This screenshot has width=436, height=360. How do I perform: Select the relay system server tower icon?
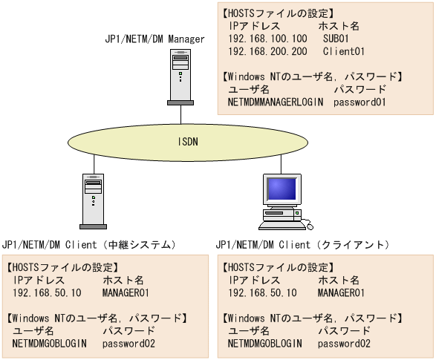[x=93, y=199]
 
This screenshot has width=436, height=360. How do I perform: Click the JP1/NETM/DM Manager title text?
[x=154, y=38]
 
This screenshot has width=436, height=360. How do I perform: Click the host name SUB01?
[x=336, y=37]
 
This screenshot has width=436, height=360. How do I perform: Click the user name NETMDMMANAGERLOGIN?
[x=276, y=102]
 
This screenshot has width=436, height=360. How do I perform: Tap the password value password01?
[x=360, y=102]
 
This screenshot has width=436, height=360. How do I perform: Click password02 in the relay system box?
[x=128, y=344]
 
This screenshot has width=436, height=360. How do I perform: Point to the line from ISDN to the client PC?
[x=280, y=163]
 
